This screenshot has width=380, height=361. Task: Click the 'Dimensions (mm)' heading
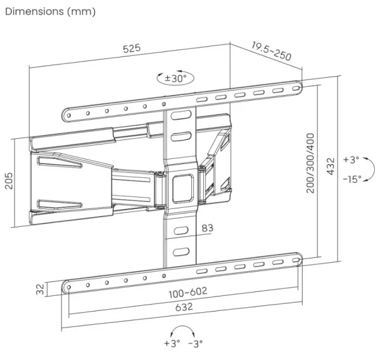pos(50,12)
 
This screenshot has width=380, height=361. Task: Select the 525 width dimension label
pos(132,49)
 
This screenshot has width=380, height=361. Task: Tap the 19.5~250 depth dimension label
pos(270,51)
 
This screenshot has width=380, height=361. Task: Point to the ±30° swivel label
pos(174,79)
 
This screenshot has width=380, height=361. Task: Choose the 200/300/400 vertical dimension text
pos(310,163)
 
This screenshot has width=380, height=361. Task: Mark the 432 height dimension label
pos(330,165)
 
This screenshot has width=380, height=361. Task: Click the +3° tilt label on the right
pos(352,160)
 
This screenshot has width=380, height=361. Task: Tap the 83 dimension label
pos(208,227)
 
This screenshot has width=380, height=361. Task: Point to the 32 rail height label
pos(41,288)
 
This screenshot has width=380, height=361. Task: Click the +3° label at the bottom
pos(172,344)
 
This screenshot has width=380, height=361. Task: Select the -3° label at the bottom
pos(195,344)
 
